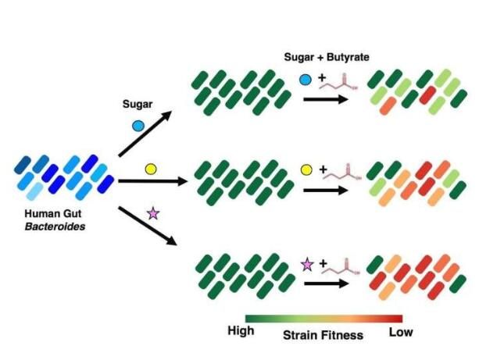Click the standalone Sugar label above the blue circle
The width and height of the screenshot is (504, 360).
coord(138,105)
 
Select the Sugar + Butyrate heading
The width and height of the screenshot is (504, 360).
coord(327,57)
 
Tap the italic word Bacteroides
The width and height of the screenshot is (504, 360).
coord(55,226)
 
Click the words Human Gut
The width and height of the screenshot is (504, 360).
coord(53,213)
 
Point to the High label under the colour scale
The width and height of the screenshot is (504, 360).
coord(241,330)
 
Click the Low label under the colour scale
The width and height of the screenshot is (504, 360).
coord(401,333)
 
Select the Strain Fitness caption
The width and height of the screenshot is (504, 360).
coord(323,335)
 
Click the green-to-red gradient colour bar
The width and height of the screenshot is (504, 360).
coord(323,319)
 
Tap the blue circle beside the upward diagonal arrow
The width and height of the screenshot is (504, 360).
coord(138,126)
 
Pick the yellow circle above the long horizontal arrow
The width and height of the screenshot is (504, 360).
coord(151,169)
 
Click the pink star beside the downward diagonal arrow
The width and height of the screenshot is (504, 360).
coord(153,213)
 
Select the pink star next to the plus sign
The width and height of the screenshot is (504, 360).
coord(307,265)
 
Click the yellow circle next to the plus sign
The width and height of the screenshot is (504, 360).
coord(306,170)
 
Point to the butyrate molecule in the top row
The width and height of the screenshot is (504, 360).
coord(338,83)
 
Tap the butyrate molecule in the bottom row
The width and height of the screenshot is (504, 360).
coord(341,267)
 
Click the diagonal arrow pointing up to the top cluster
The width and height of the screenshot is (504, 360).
coord(145,134)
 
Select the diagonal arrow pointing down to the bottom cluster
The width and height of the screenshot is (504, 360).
coord(148,226)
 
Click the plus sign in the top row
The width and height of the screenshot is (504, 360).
coord(322,78)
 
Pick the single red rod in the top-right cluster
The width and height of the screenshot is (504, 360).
coord(427,95)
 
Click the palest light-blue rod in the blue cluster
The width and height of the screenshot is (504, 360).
coord(34,192)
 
